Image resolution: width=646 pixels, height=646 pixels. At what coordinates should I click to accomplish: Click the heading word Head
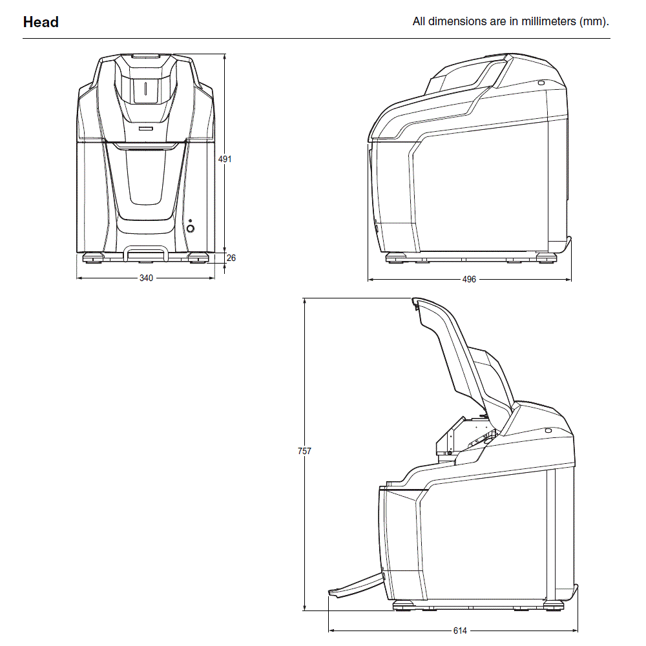pyautogui.click(x=41, y=22)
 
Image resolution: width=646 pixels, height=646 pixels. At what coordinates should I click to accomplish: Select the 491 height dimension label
pyautogui.click(x=225, y=159)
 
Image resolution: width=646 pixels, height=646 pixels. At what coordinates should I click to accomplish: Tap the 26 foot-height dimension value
pyautogui.click(x=231, y=258)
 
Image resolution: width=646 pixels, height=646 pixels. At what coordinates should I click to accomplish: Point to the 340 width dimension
pyautogui.click(x=147, y=278)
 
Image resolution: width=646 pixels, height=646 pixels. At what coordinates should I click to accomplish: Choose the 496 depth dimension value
pyautogui.click(x=469, y=279)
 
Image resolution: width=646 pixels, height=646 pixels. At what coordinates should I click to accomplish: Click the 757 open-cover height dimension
pyautogui.click(x=304, y=452)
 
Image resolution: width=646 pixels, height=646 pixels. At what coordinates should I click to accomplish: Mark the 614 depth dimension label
pyautogui.click(x=459, y=630)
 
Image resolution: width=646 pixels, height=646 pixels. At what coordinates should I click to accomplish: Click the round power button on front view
pyautogui.click(x=190, y=228)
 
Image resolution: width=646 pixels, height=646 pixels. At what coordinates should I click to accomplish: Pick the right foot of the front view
pyautogui.click(x=197, y=259)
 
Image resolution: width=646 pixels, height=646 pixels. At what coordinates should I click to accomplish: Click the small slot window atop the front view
pyautogui.click(x=145, y=90)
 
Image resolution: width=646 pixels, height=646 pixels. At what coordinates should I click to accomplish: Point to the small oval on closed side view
pyautogui.click(x=541, y=83)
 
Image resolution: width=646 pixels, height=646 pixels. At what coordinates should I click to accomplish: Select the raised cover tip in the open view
pyautogui.click(x=415, y=302)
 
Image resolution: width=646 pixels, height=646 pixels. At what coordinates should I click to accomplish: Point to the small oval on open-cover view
pyautogui.click(x=548, y=431)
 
